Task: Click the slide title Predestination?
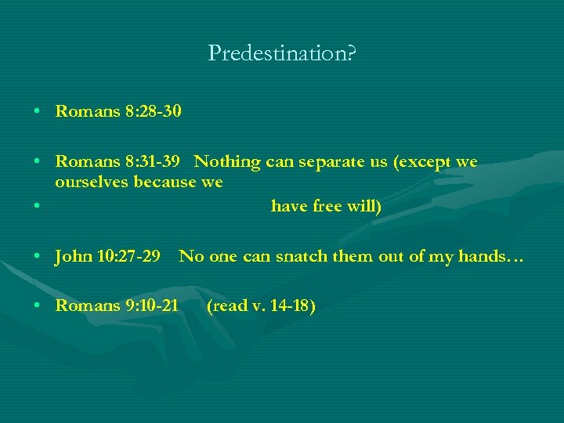pos(282,53)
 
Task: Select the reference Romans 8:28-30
pos(118,111)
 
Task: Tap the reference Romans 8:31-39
pos(118,162)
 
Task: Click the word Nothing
pos(227,162)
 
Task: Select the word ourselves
pos(92,183)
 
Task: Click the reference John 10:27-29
pos(108,255)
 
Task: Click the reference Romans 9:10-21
pos(117,305)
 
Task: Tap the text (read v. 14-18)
pos(261,305)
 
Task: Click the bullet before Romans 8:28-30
pos(38,112)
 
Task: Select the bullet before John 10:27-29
pos(38,256)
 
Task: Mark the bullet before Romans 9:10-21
pos(38,306)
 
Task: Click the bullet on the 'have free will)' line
pos(38,208)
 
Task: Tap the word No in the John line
pos(190,255)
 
